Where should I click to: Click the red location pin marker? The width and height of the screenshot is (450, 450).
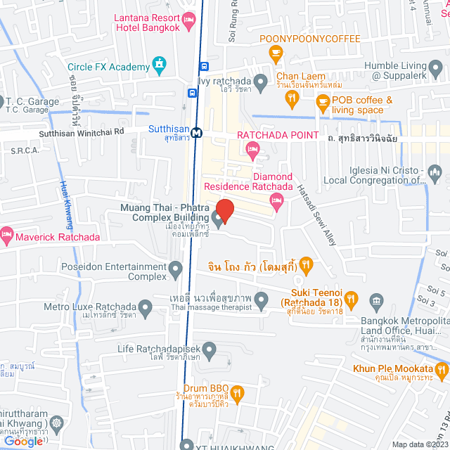point(224,210)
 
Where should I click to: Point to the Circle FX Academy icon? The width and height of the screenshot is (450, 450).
point(160,67)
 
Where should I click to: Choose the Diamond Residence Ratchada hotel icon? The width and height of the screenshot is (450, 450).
point(278,202)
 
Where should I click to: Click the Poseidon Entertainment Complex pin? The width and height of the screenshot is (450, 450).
point(175,267)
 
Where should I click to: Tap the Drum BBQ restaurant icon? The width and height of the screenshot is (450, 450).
point(238,392)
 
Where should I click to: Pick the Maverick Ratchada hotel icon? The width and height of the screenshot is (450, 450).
point(7,233)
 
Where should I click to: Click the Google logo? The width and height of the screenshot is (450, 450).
point(22,441)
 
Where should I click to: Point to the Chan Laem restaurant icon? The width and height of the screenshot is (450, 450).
point(291,100)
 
